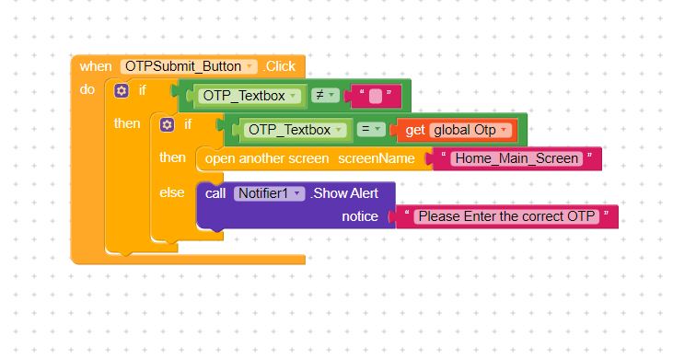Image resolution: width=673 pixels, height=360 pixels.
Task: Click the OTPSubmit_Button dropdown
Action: [x=189, y=66]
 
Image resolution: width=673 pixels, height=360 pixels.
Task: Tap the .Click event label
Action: [x=280, y=66]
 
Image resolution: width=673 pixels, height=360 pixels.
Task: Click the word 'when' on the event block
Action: [x=95, y=66]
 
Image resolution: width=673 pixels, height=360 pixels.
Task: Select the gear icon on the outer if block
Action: [x=121, y=90]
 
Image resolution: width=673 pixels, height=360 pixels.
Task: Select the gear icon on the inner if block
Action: [x=167, y=125]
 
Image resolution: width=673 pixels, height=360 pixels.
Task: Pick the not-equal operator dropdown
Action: [x=325, y=95]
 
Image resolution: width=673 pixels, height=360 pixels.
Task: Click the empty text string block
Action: [x=376, y=96]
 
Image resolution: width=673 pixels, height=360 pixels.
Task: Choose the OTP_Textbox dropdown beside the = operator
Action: [x=296, y=130]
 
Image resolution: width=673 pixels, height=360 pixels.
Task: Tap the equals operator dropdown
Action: [x=371, y=129]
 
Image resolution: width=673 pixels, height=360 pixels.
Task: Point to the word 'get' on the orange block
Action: [x=414, y=130]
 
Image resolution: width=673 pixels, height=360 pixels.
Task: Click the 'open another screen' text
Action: [x=267, y=158]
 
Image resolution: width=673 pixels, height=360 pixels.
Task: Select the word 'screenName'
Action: [x=376, y=158]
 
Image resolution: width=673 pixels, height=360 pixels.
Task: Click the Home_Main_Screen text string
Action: [x=516, y=158]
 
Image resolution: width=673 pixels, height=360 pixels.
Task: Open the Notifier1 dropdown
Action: [x=269, y=193]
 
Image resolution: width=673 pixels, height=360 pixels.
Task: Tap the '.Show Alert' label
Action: [x=344, y=193]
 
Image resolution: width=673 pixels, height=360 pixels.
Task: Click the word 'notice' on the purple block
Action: [x=360, y=216]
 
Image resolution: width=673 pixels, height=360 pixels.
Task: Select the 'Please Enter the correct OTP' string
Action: [x=506, y=216]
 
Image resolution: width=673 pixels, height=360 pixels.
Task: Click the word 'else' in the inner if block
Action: [x=171, y=192]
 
